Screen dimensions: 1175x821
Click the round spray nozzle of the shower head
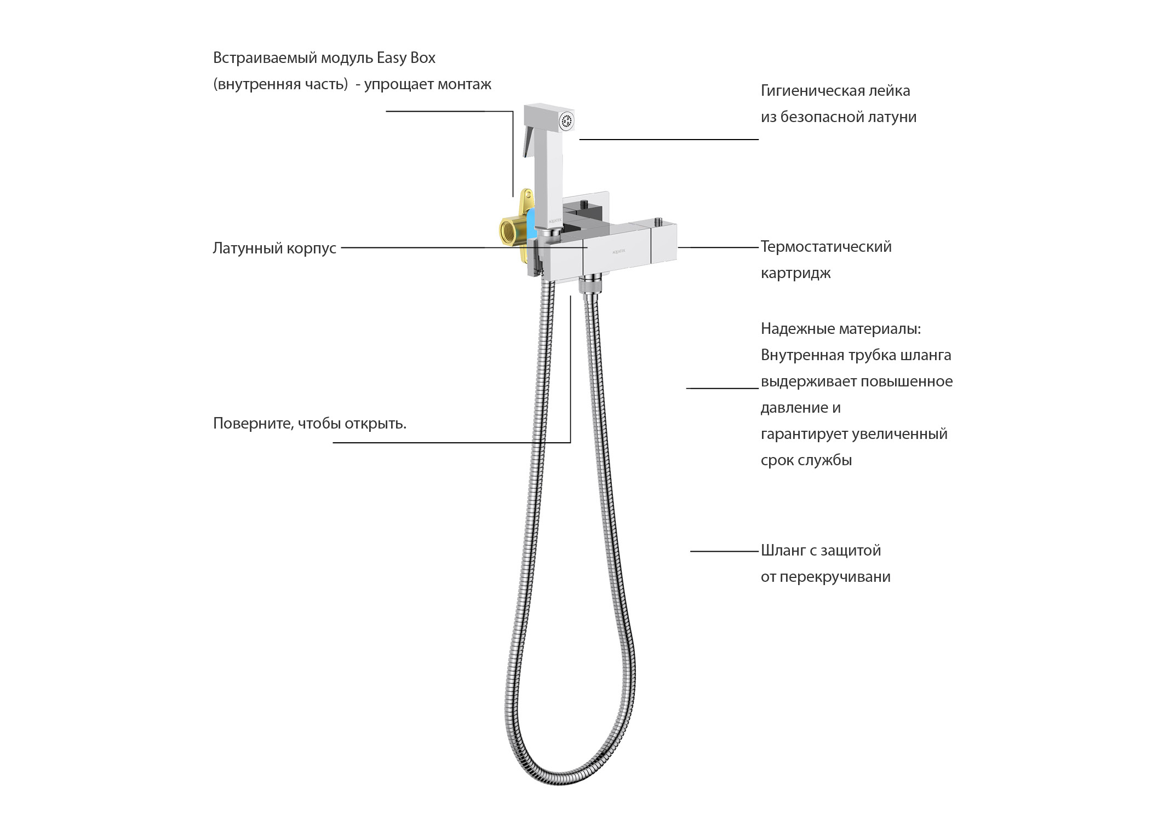566,121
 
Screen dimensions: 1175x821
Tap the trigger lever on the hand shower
529,141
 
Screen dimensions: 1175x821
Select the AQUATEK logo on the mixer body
618,251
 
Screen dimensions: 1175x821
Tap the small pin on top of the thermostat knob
657,222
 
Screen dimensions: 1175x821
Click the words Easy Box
406,58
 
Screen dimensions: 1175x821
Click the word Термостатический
826,247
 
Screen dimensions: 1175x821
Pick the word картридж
795,273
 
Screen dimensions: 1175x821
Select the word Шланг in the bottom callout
783,551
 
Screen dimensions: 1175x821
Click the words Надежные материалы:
841,329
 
